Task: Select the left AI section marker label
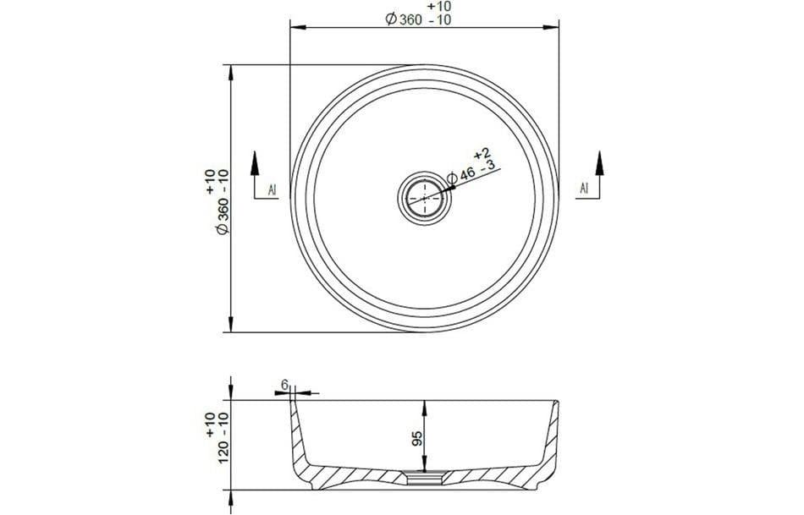(273, 189)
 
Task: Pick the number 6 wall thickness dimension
(285, 385)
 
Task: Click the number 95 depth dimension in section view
(418, 438)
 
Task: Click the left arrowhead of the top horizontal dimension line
(296, 28)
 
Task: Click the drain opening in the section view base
(424, 478)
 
